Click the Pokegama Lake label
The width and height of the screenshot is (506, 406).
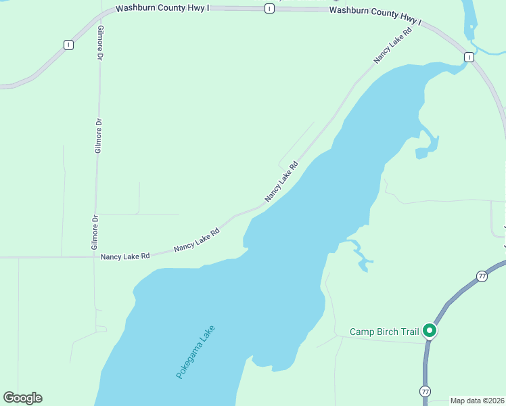195,352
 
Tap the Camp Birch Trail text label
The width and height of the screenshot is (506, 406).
384,332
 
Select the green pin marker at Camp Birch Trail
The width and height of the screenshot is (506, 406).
429,331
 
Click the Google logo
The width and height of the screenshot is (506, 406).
22,398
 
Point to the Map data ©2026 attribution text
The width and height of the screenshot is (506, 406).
477,401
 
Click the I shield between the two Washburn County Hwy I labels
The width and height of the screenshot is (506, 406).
269,8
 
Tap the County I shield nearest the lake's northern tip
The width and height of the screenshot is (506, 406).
469,58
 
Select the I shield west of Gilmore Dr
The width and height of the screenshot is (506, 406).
68,45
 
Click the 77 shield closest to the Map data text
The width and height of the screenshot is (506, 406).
425,391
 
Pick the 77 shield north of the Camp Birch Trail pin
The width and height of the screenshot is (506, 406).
482,276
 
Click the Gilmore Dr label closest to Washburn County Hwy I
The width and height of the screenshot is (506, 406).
100,47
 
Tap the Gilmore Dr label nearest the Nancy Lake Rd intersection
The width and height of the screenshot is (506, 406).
95,232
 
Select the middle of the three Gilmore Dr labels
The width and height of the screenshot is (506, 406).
98,135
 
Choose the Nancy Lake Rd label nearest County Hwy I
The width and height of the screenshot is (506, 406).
393,46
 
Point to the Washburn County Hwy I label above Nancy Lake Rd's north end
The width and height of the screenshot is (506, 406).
375,16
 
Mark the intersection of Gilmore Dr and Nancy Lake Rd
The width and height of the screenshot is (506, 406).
95,256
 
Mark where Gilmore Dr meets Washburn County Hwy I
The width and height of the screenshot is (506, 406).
101,12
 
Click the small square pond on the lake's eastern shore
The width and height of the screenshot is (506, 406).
421,153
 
